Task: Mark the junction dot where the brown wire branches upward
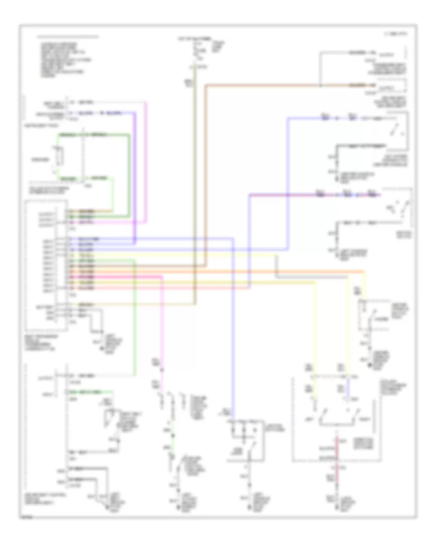click(x=321, y=85)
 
